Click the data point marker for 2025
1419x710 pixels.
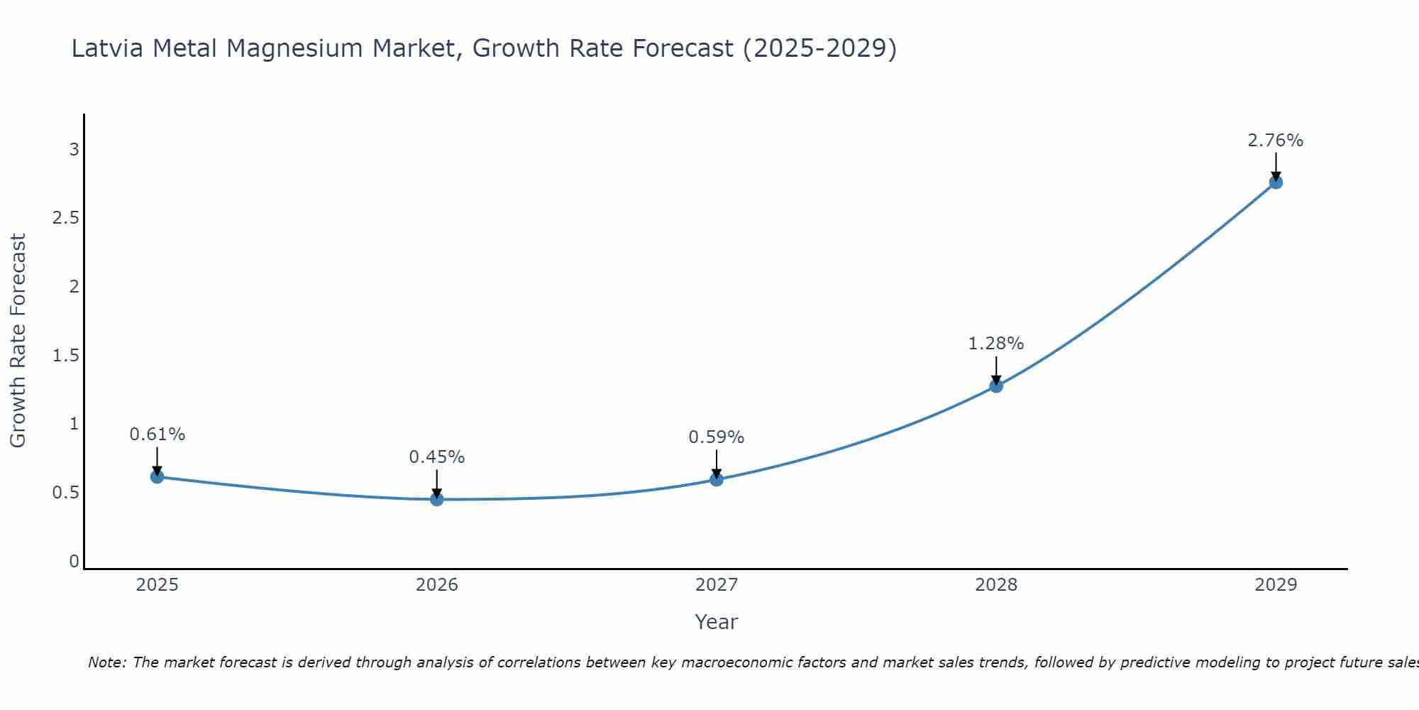pos(158,476)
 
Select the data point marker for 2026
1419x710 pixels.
pos(437,499)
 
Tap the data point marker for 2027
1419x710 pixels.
pos(717,479)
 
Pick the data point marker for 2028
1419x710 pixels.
pos(996,386)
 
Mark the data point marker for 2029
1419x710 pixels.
pos(1276,182)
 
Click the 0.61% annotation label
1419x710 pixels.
pos(158,435)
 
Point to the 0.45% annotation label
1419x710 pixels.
pos(437,457)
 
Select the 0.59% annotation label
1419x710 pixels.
pos(717,437)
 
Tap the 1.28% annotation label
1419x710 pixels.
pos(996,344)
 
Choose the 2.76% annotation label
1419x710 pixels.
pos(1276,141)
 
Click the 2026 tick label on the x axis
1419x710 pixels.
pos(437,585)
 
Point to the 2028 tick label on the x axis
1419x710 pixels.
pos(996,585)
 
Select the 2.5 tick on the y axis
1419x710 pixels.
pos(65,218)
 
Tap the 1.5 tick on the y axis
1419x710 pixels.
pos(65,356)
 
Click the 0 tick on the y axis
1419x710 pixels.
pos(74,562)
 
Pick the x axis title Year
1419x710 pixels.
pos(717,622)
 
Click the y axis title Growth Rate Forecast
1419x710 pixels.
pos(18,341)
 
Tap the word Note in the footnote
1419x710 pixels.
pos(106,662)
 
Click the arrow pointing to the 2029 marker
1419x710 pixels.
pos(1276,165)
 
